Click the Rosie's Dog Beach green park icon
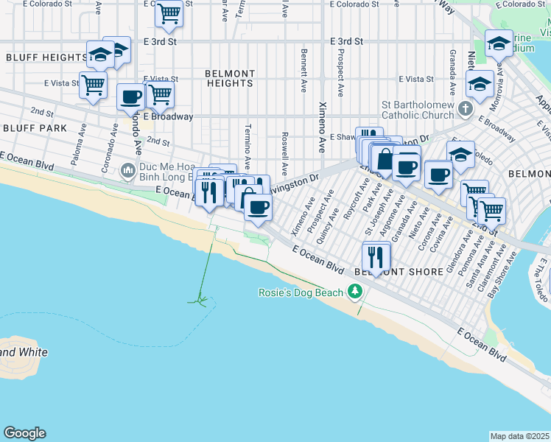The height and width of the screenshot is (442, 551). pos(356,292)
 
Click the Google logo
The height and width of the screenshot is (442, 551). pos(24,433)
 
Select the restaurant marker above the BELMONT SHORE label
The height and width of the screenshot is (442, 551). pos(376,256)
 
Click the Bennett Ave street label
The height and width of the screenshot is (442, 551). pos(303,71)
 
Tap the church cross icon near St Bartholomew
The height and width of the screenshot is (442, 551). pos(464,109)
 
